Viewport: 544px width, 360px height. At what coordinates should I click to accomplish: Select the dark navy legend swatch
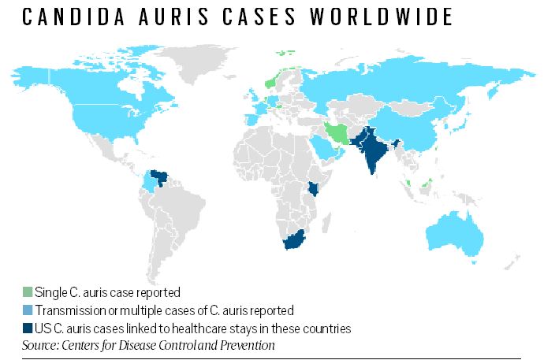[28, 328]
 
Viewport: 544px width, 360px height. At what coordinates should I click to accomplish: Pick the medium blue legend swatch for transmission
[28, 310]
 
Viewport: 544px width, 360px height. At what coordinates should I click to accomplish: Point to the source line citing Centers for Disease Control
[149, 345]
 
